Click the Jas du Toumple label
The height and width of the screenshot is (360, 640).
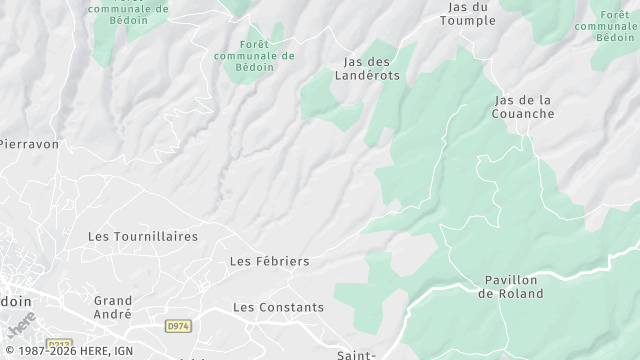click(468, 13)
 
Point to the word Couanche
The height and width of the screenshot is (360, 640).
click(523, 114)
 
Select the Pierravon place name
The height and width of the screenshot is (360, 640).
click(28, 144)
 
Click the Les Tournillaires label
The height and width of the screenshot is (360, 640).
click(143, 237)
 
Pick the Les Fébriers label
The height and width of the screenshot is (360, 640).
click(269, 261)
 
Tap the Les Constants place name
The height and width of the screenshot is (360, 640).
click(278, 307)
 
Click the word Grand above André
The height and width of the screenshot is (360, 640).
click(113, 300)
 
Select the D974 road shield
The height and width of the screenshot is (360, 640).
click(177, 326)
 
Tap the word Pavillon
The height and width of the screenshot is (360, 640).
click(511, 280)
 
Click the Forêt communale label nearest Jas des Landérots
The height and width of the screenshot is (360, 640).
click(254, 56)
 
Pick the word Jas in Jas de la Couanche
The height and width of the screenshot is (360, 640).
click(507, 100)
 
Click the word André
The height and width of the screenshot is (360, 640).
click(113, 314)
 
